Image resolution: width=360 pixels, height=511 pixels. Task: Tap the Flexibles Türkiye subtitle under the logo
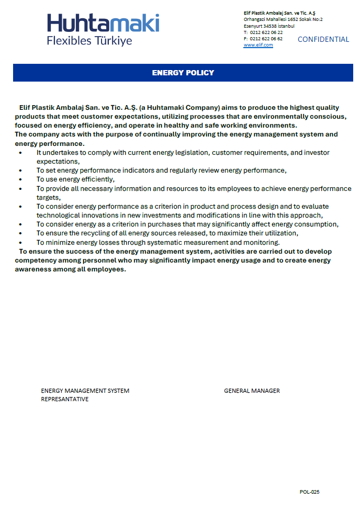pos(89,41)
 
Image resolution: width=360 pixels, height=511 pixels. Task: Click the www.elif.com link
pos(258,45)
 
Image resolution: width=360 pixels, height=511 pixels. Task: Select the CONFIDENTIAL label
pos(323,39)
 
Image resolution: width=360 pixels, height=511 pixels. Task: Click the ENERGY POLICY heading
pos(183,73)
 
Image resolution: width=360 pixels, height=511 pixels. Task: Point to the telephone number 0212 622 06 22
pos(266,32)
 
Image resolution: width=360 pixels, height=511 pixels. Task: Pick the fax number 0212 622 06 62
pos(266,39)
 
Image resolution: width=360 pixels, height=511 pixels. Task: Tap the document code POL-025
pos(309,492)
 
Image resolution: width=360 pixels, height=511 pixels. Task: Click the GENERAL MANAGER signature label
pos(252,391)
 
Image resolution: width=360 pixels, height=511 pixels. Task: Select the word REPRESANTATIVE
pos(65,399)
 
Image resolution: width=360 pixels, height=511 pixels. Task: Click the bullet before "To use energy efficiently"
pos(20,179)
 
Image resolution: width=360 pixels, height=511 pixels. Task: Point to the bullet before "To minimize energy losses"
pos(20,243)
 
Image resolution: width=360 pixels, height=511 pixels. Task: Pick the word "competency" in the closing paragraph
pos(36,260)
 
